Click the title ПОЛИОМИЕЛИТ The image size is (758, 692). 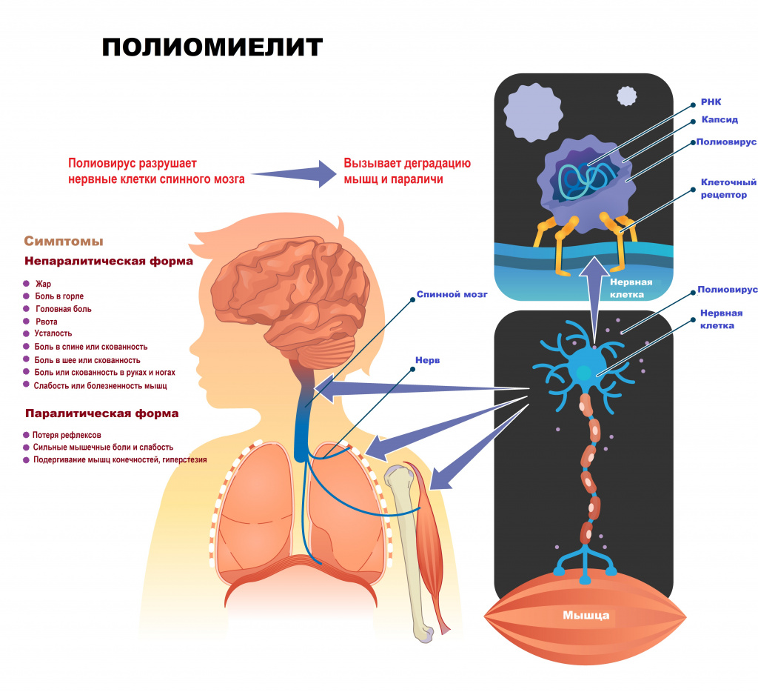click(212, 47)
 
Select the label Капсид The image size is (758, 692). click(719, 119)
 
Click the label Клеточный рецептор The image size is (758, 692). click(728, 188)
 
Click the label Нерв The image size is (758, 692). click(427, 361)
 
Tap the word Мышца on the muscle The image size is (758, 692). click(586, 615)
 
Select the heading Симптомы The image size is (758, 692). click(64, 242)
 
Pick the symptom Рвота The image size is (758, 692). click(46, 322)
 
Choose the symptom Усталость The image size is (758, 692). click(53, 334)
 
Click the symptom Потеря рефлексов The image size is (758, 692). click(67, 435)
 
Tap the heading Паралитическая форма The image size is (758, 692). click(101, 413)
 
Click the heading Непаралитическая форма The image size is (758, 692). click(109, 262)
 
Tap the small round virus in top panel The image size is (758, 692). click(627, 96)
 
